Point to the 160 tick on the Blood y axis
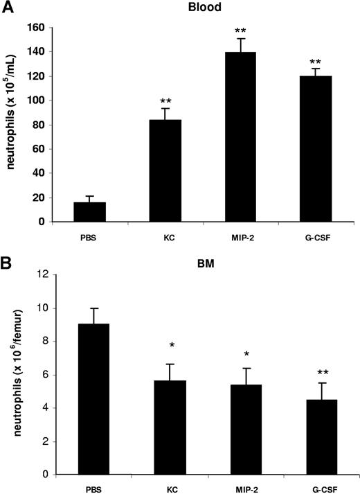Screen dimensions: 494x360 [37, 28]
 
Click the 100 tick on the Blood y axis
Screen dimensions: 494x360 [37, 100]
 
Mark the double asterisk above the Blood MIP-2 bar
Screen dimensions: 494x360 [240, 31]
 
